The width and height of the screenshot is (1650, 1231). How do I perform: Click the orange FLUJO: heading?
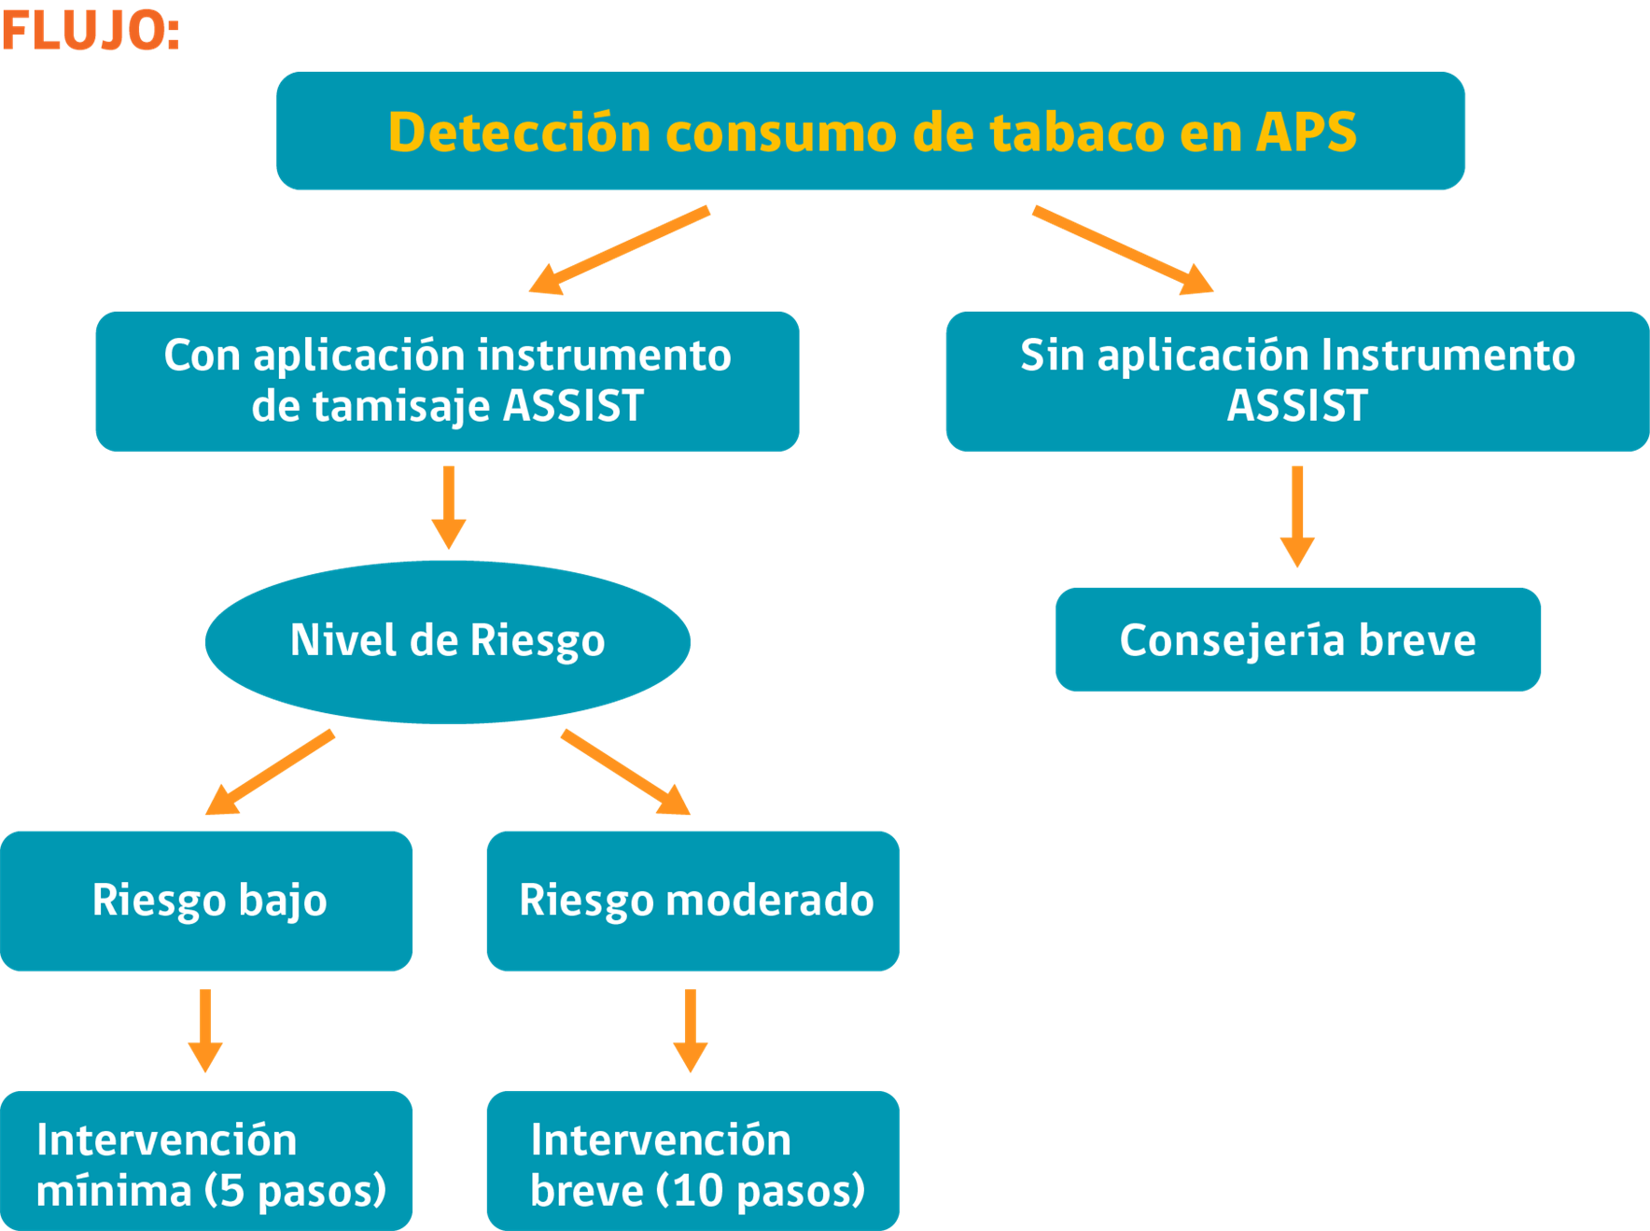tap(91, 30)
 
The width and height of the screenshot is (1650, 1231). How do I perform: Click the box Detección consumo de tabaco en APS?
tap(870, 131)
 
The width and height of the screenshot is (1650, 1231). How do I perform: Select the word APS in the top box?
tap(1306, 132)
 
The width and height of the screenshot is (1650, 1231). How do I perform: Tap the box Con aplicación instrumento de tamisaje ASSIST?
tap(447, 381)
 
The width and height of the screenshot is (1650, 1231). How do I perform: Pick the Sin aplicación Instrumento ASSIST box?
tap(1297, 381)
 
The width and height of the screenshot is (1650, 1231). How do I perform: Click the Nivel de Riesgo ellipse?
tap(448, 642)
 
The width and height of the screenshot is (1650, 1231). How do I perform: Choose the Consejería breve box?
tap(1297, 639)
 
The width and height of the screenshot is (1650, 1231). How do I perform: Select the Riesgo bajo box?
tap(206, 901)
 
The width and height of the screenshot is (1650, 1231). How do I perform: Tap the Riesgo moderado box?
tap(693, 901)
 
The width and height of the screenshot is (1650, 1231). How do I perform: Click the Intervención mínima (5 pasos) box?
tap(206, 1161)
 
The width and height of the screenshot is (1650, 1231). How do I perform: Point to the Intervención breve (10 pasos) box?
tap(693, 1161)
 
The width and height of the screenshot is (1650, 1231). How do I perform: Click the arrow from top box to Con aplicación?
tap(619, 250)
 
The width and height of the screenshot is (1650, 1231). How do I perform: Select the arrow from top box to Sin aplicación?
tap(1123, 250)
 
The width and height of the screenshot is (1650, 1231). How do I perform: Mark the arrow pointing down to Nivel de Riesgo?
tap(449, 508)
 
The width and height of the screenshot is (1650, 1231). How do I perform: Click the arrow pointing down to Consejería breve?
tap(1297, 516)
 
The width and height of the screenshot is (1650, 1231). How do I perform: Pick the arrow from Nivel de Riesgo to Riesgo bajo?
tap(270, 773)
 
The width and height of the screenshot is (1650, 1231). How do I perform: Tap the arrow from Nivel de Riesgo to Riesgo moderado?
tap(625, 773)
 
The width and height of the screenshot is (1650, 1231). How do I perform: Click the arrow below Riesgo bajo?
tap(205, 1030)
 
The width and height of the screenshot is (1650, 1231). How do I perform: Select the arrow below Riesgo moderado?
tap(691, 1030)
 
